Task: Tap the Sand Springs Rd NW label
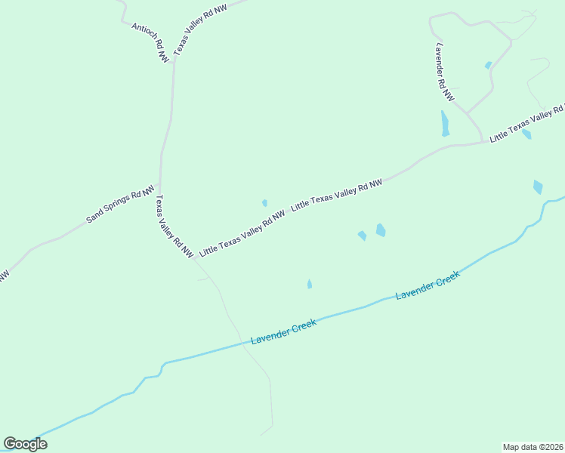click(120, 205)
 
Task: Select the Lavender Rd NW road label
click(444, 72)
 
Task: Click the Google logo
click(25, 444)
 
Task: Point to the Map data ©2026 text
click(533, 446)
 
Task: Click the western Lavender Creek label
click(283, 333)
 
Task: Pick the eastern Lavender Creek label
click(428, 286)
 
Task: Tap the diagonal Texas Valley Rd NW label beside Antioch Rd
click(200, 30)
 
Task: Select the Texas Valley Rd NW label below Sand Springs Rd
click(174, 226)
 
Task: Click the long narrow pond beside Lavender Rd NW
click(445, 123)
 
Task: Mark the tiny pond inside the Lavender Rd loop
click(488, 66)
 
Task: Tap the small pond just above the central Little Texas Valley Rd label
click(264, 202)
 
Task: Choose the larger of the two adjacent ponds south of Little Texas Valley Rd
click(381, 230)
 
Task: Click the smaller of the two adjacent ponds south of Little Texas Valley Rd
click(362, 236)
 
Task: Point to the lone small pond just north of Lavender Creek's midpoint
click(310, 284)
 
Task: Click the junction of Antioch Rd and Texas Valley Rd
click(174, 62)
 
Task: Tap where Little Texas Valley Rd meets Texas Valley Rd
click(194, 257)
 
